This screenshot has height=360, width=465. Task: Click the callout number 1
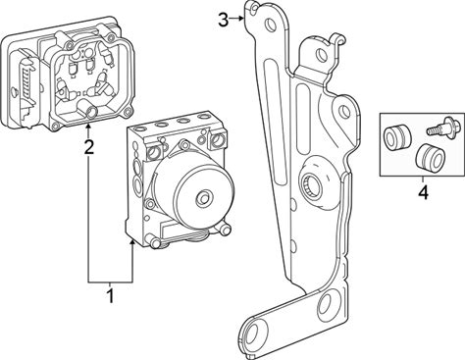(x=111, y=295)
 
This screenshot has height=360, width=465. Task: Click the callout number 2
(x=88, y=147)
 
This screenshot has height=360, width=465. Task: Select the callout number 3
(x=223, y=21)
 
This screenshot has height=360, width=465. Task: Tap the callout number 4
(x=423, y=192)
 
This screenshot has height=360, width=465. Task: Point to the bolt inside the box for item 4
(x=439, y=128)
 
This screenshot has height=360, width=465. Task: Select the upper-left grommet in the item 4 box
(x=396, y=136)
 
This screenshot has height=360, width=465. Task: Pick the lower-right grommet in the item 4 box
(x=430, y=156)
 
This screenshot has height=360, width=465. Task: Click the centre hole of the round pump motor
(x=204, y=197)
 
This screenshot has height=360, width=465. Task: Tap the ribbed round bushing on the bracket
(x=310, y=183)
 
